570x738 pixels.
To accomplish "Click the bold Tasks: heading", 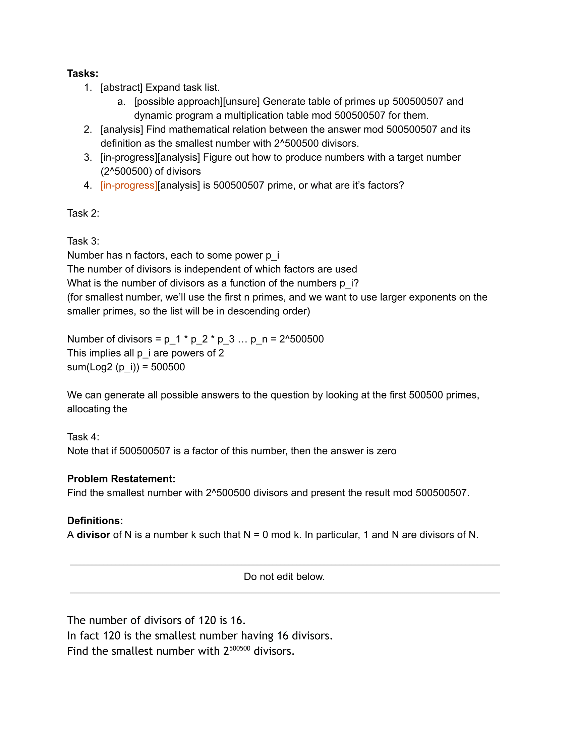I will (83, 73).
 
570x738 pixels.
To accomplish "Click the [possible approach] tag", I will (178, 101).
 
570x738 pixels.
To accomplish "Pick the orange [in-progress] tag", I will (129, 185).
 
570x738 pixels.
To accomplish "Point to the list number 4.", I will (88, 185).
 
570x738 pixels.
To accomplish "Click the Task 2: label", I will (83, 213).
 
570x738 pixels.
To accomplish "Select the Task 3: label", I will (83, 241).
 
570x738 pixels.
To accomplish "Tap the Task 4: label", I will (83, 436).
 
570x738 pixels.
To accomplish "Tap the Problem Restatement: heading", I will (121, 479).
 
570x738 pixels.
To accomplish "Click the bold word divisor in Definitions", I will (94, 535).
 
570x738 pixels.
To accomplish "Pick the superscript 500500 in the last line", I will (240, 648).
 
